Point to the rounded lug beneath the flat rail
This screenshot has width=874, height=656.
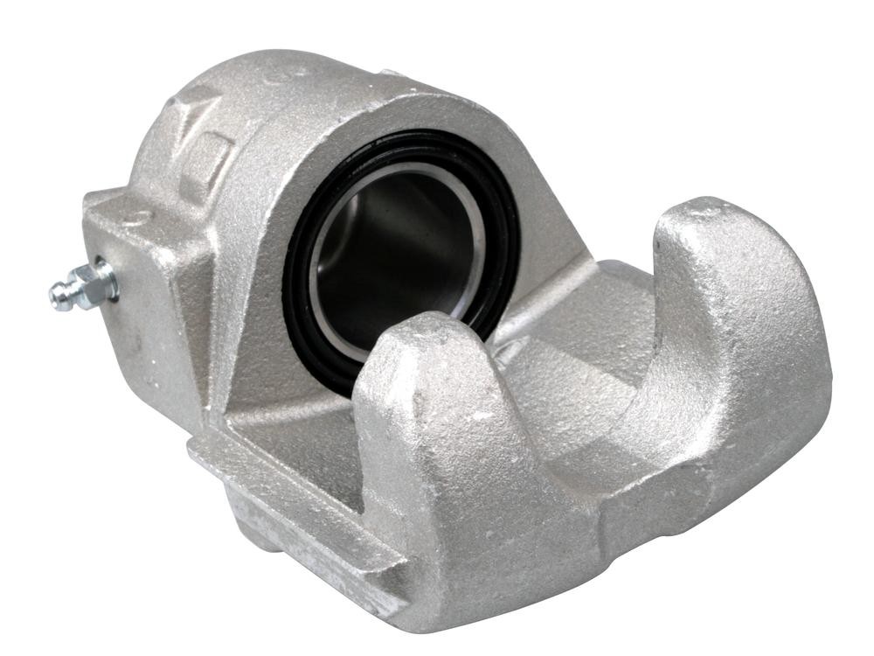click(253, 525)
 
